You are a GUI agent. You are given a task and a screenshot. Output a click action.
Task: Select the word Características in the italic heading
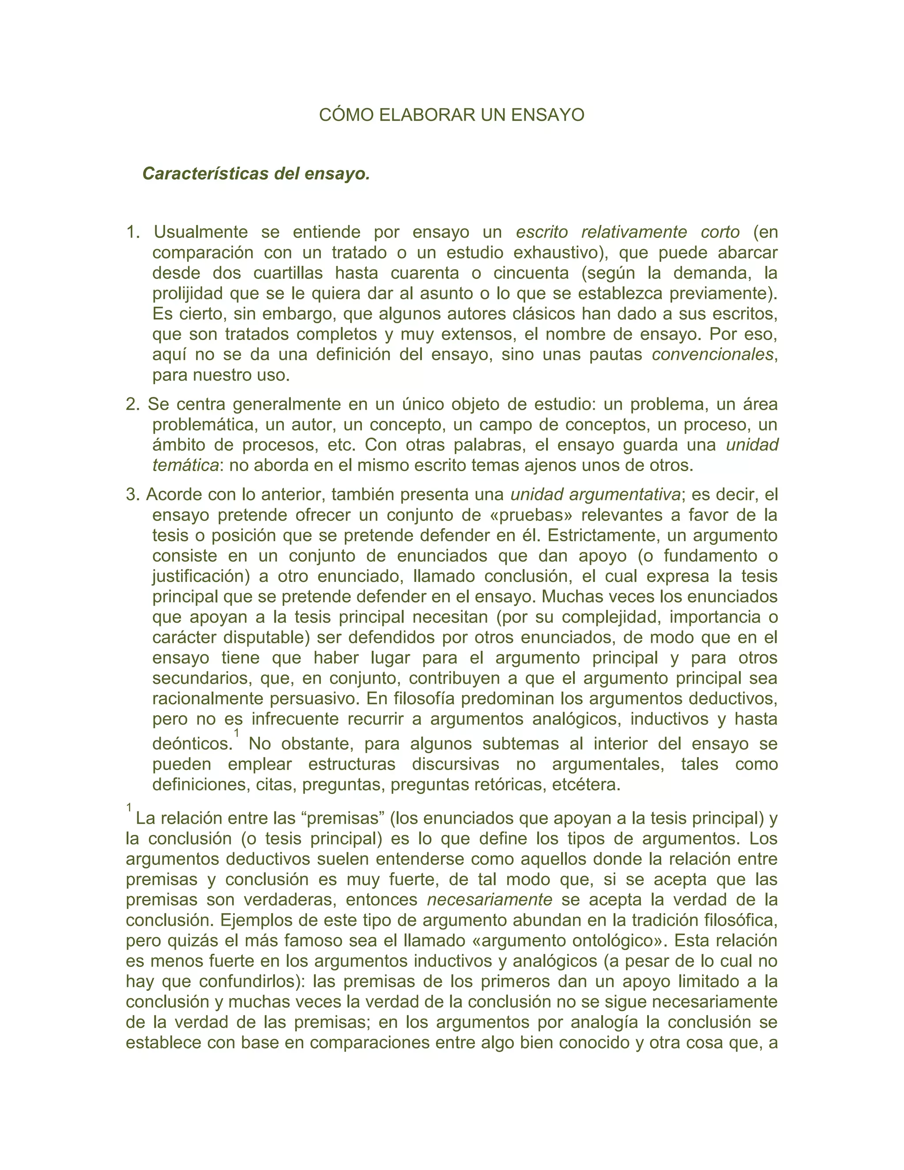point(206,174)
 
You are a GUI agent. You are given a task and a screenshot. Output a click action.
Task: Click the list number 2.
point(132,404)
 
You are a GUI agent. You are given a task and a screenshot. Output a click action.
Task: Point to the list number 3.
point(132,494)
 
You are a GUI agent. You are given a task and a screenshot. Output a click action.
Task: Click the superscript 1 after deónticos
point(237,732)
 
